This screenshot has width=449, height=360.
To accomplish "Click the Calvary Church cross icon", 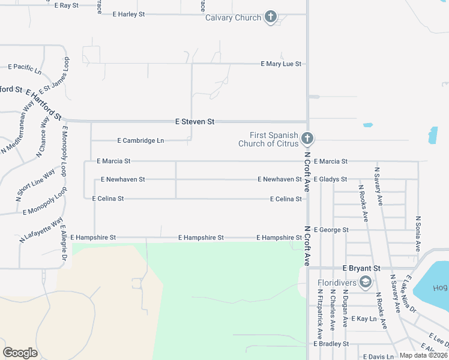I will pos(271,17).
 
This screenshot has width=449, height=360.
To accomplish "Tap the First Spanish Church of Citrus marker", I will pos(307,139).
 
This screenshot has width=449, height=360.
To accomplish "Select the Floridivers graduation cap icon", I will pos(365,282).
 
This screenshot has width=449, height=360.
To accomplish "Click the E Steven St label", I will pos(194,121).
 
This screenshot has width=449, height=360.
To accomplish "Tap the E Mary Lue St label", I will pos(281,64).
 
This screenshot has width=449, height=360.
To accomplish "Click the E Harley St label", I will pos(124,14).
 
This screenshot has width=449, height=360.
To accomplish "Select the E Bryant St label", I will pos(361,268).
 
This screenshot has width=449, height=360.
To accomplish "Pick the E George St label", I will pos(331,230).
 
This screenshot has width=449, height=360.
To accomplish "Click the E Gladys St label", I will pos(330,179).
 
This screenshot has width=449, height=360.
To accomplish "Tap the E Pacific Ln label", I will pos(25,68).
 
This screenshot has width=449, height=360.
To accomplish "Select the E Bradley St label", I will pos(331,344).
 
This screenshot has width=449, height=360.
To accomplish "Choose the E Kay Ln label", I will pos(363,319).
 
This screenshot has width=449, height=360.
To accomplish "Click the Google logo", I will pos(20,353).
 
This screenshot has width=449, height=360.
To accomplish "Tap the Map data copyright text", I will pos(424,355).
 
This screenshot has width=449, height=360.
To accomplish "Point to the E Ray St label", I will pos(66,5).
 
